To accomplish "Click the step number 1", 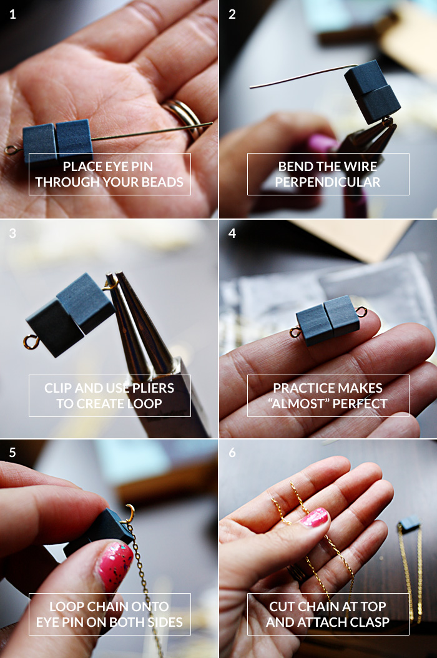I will tap(13, 14).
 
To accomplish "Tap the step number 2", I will tap(232, 14).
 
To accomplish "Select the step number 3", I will tap(13, 233).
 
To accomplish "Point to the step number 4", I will tap(232, 233).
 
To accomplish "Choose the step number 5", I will tap(13, 453).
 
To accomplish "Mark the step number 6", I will tap(232, 453).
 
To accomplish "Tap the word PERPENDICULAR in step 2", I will tap(328, 182).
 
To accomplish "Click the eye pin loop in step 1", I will tap(11, 149).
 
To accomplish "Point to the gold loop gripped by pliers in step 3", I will tap(112, 284).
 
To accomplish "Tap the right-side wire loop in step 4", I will tap(363, 312).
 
